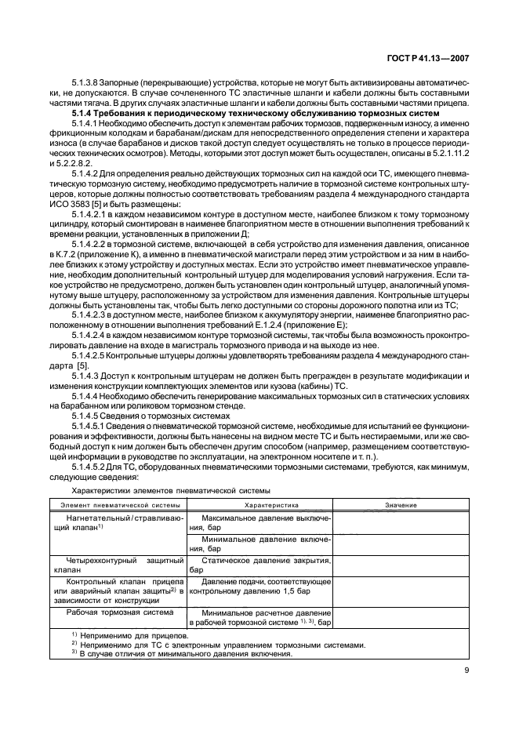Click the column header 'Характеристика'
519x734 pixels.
point(259,505)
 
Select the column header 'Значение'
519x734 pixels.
point(401,505)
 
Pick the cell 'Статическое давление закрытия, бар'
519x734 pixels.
point(259,566)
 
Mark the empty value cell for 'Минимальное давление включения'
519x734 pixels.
point(401,544)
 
